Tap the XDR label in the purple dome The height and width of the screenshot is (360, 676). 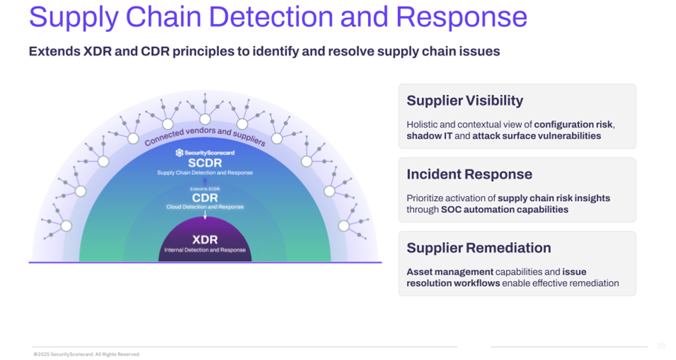(205, 240)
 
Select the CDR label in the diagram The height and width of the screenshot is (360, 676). (205, 198)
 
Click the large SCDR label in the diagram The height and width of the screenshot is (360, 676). (205, 163)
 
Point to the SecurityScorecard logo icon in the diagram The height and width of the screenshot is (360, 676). (179, 153)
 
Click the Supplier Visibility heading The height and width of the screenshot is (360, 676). (465, 101)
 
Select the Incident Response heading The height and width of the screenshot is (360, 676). (469, 174)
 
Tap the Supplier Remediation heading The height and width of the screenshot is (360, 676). (478, 248)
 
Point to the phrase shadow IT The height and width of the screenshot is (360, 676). (429, 136)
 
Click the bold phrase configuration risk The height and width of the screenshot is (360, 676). (573, 124)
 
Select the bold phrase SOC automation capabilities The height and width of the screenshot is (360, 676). (504, 209)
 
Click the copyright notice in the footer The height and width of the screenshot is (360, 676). (87, 354)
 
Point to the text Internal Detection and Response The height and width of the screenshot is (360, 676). (205, 250)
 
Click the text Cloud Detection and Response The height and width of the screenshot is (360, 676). (205, 207)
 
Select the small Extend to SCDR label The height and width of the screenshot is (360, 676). (205, 189)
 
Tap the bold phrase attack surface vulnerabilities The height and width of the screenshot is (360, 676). (537, 136)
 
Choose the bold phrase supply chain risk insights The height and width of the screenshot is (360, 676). (554, 198)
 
